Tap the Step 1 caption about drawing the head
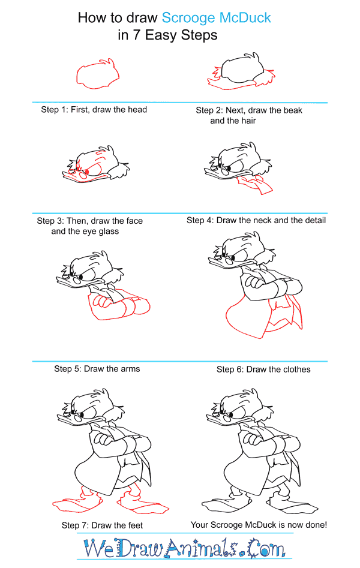[94, 110]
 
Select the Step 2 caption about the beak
[249, 115]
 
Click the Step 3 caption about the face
[90, 226]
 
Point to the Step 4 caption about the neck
[256, 221]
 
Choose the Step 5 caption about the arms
[97, 369]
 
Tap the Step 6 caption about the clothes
[263, 369]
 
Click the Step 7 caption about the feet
[102, 525]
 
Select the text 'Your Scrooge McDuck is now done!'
[259, 525]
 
